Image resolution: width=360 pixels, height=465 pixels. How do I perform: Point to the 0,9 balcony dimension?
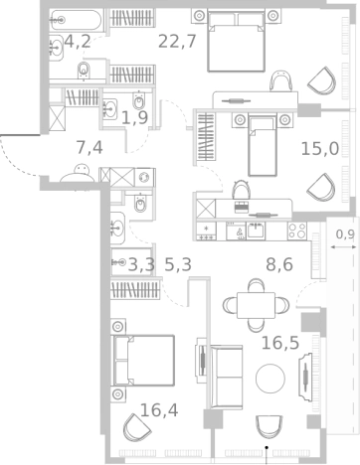345,234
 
